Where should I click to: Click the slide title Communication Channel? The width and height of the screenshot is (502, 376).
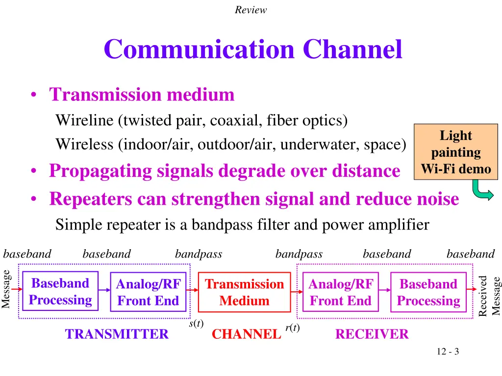click(252, 49)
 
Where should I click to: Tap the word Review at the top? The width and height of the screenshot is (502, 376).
click(251, 10)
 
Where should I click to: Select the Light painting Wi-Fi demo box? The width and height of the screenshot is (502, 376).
click(455, 152)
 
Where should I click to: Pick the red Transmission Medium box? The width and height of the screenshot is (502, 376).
click(244, 292)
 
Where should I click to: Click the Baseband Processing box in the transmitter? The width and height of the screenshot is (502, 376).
click(60, 292)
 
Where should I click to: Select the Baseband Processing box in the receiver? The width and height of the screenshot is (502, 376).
click(428, 292)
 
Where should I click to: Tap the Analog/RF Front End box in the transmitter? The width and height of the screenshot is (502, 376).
click(148, 292)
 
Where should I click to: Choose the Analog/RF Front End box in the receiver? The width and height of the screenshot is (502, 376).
click(340, 292)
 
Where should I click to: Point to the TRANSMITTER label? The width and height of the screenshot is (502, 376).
click(117, 334)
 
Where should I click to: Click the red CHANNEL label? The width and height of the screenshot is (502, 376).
click(246, 334)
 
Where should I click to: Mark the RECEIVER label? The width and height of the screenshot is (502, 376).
click(372, 334)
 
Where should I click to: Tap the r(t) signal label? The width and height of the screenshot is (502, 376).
click(292, 328)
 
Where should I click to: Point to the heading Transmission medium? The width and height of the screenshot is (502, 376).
click(142, 94)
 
